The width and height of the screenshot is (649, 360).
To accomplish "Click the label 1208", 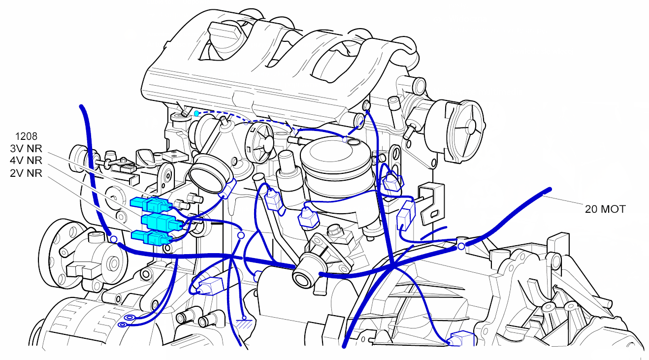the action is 26,136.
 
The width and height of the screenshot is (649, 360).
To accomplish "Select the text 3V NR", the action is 26,149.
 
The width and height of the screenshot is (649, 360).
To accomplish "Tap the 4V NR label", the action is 26,160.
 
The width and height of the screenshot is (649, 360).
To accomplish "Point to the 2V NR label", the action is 26,173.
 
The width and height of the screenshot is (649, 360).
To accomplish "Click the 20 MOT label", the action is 605,209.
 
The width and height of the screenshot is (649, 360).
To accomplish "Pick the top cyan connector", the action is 151,204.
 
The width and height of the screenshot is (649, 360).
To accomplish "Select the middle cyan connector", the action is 162,222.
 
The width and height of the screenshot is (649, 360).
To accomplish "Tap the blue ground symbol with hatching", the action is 244,323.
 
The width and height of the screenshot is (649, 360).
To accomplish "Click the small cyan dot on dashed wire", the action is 196,113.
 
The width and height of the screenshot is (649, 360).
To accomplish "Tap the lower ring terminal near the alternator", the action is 123,325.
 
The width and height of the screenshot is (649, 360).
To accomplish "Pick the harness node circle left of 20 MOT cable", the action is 461,246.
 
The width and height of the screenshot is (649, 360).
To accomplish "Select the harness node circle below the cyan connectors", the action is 114,239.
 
